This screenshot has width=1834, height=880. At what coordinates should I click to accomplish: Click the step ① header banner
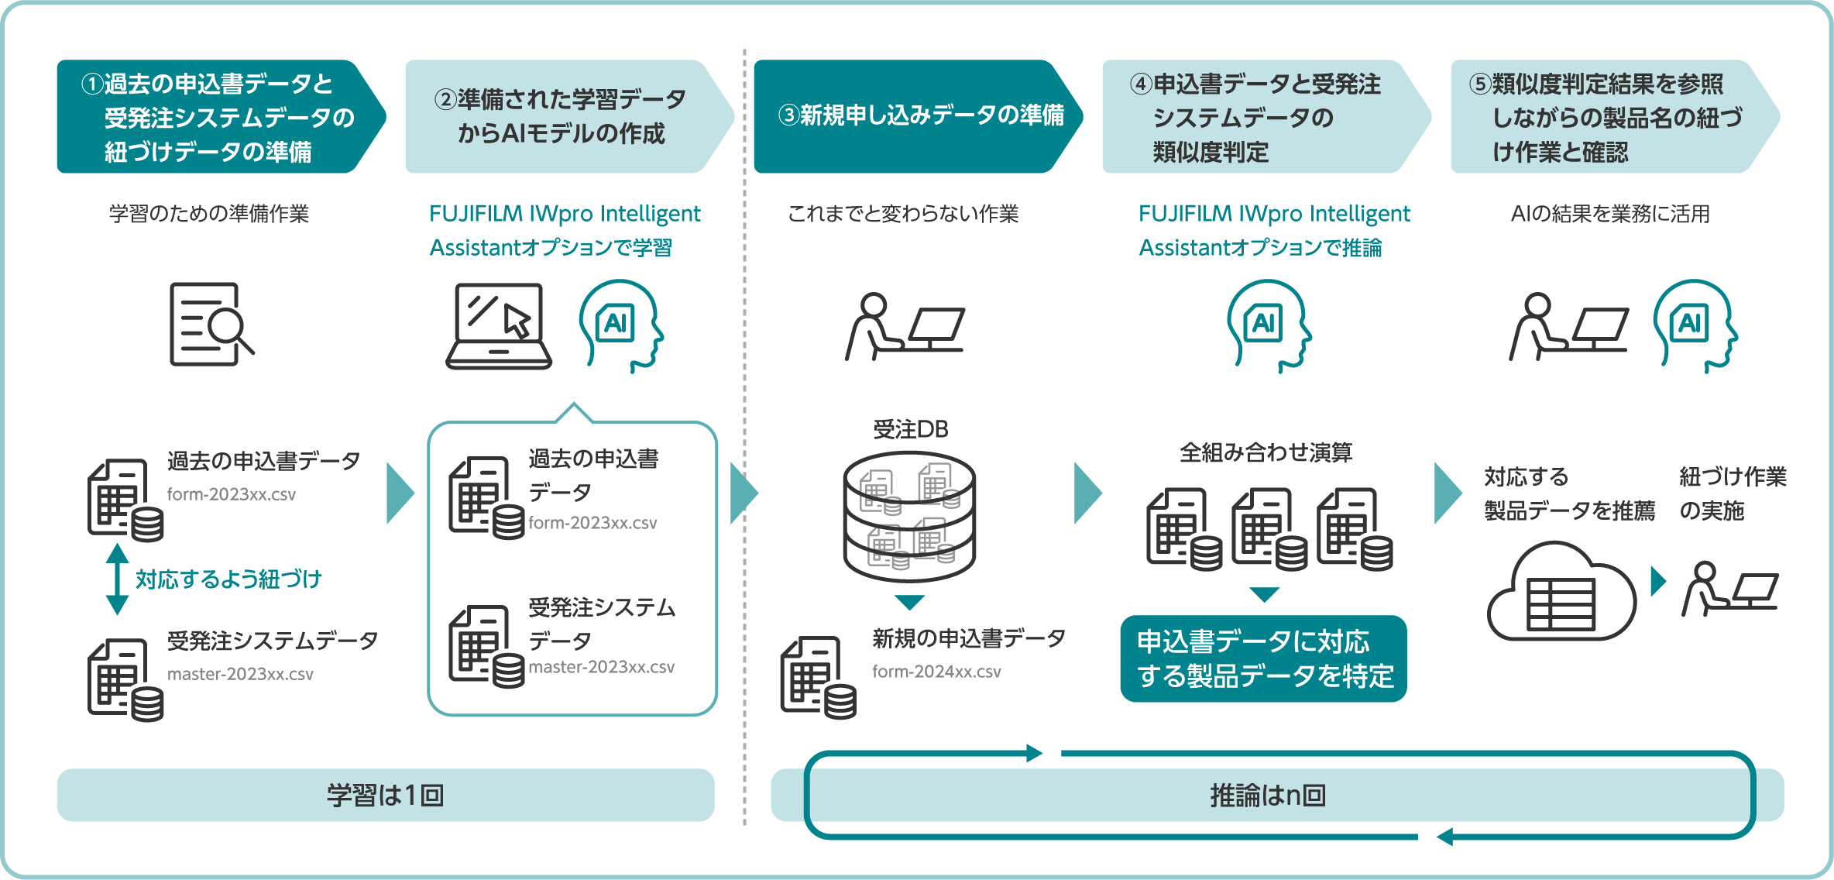pos(217,116)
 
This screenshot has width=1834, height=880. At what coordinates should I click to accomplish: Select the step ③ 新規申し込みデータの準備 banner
pos(914,116)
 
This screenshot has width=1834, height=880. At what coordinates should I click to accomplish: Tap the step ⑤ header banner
pos(1607,116)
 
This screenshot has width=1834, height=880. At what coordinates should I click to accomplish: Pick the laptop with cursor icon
pos(499,325)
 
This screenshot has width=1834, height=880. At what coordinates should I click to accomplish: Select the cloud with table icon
pos(1560,593)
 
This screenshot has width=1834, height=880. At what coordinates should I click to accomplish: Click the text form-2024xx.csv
pos(936,672)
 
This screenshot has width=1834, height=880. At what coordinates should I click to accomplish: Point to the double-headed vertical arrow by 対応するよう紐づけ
pos(117,579)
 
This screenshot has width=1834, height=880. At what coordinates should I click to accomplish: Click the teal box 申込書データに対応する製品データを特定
pos(1263,659)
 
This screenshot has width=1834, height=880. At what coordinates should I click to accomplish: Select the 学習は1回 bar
pos(385,795)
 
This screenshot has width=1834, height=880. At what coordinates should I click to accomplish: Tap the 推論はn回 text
pos(1268,796)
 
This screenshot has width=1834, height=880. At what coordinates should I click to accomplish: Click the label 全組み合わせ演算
pos(1266,452)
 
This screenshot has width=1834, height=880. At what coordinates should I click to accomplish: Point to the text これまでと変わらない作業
pos(903,214)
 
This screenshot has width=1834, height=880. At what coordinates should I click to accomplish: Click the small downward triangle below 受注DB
pos(909,602)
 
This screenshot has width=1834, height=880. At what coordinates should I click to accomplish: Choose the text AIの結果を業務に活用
pos(1610,214)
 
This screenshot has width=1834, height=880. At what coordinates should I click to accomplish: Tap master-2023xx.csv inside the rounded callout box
pos(601,667)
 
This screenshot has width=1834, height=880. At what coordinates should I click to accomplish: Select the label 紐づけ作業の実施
pos(1732,493)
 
